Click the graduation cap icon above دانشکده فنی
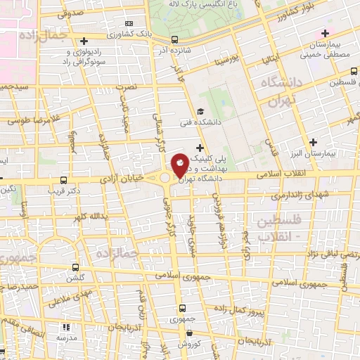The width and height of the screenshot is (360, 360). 200,111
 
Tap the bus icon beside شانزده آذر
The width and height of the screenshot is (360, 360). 175,41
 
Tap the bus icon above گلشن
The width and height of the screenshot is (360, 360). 76,267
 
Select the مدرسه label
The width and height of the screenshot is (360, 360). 66,337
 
